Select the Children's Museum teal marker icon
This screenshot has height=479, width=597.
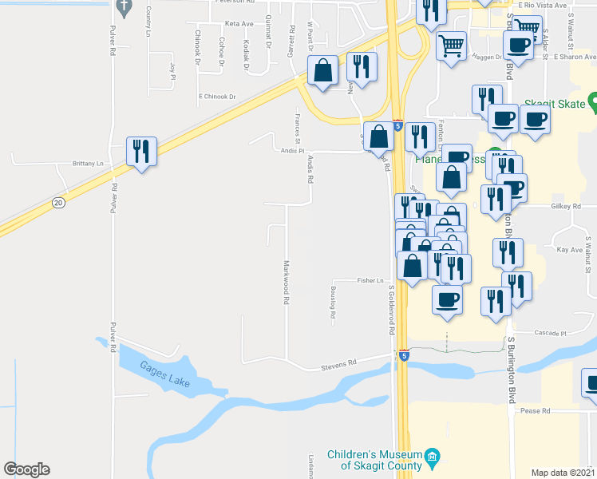pyautogui.click(x=433, y=457)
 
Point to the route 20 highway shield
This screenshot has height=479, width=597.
pyautogui.click(x=58, y=204)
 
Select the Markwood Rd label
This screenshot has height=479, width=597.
pyautogui.click(x=285, y=283)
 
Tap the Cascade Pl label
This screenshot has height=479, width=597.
pyautogui.click(x=551, y=333)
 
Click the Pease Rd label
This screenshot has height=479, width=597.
pyautogui.click(x=536, y=411)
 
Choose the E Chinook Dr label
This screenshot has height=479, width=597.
pyautogui.click(x=217, y=97)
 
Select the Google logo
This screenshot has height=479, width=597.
pyautogui.click(x=26, y=469)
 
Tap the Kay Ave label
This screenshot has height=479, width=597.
pyautogui.click(x=570, y=250)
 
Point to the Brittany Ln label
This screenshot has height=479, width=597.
pyautogui.click(x=89, y=164)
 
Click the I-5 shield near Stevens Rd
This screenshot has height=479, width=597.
pyautogui.click(x=404, y=354)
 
